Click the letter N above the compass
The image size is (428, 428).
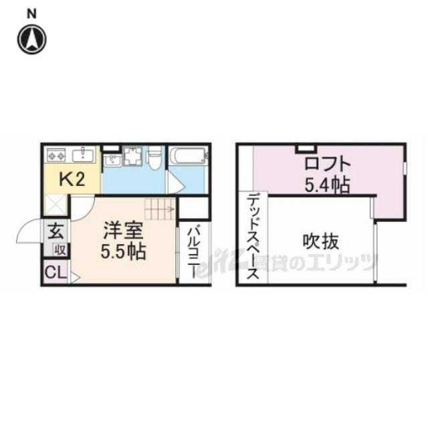31,14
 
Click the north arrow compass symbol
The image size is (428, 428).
32,39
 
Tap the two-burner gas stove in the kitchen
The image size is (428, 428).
56,155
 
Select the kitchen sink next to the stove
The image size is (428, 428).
83,154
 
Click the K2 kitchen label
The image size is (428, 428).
72,179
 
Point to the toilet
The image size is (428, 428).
154,158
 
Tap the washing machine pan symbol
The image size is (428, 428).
132,156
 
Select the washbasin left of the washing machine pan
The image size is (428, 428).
112,160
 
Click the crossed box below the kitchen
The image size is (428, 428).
55,205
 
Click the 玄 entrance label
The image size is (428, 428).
56,231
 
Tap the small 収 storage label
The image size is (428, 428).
60,249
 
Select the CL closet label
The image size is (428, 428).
56,272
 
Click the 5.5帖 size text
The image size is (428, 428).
124,252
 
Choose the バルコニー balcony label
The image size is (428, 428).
194,251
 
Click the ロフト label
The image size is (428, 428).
327,164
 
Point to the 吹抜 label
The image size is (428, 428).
321,241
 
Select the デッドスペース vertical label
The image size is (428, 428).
253,235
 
